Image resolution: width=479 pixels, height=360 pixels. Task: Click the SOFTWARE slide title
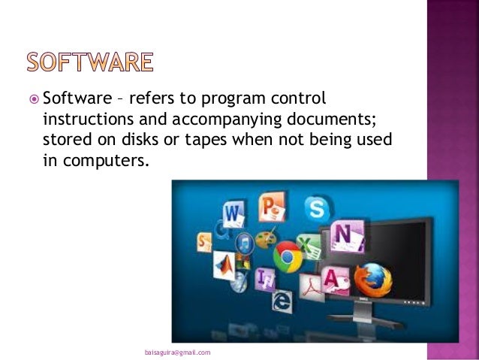pos(89,62)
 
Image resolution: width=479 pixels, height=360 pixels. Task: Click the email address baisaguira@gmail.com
pos(177,352)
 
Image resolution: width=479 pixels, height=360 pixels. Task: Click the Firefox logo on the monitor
pos(372,280)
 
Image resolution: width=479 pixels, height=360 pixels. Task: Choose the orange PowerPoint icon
pos(269,204)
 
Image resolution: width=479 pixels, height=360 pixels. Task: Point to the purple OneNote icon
pos(346,235)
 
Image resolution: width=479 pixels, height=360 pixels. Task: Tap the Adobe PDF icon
pos(310,284)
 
